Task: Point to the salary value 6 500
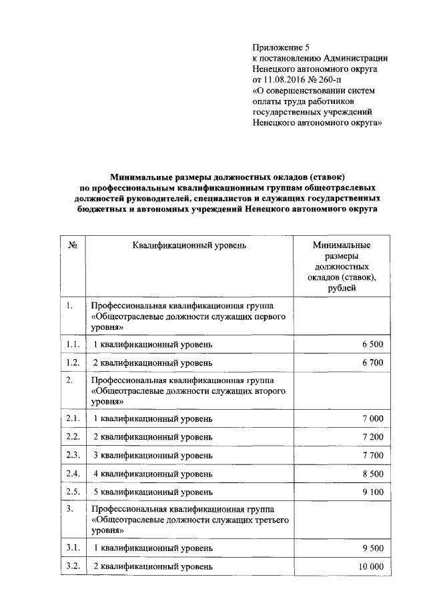[372, 344]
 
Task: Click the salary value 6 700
[372, 363]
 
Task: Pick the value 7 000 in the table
[372, 418]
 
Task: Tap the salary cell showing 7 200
[372, 437]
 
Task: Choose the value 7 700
[372, 456]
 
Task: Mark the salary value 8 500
[372, 474]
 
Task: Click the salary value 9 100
[372, 492]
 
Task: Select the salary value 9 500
[372, 548]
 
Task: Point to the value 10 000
[370, 566]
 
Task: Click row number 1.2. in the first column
[73, 363]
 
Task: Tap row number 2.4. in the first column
[73, 474]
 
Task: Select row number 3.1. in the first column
[73, 548]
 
